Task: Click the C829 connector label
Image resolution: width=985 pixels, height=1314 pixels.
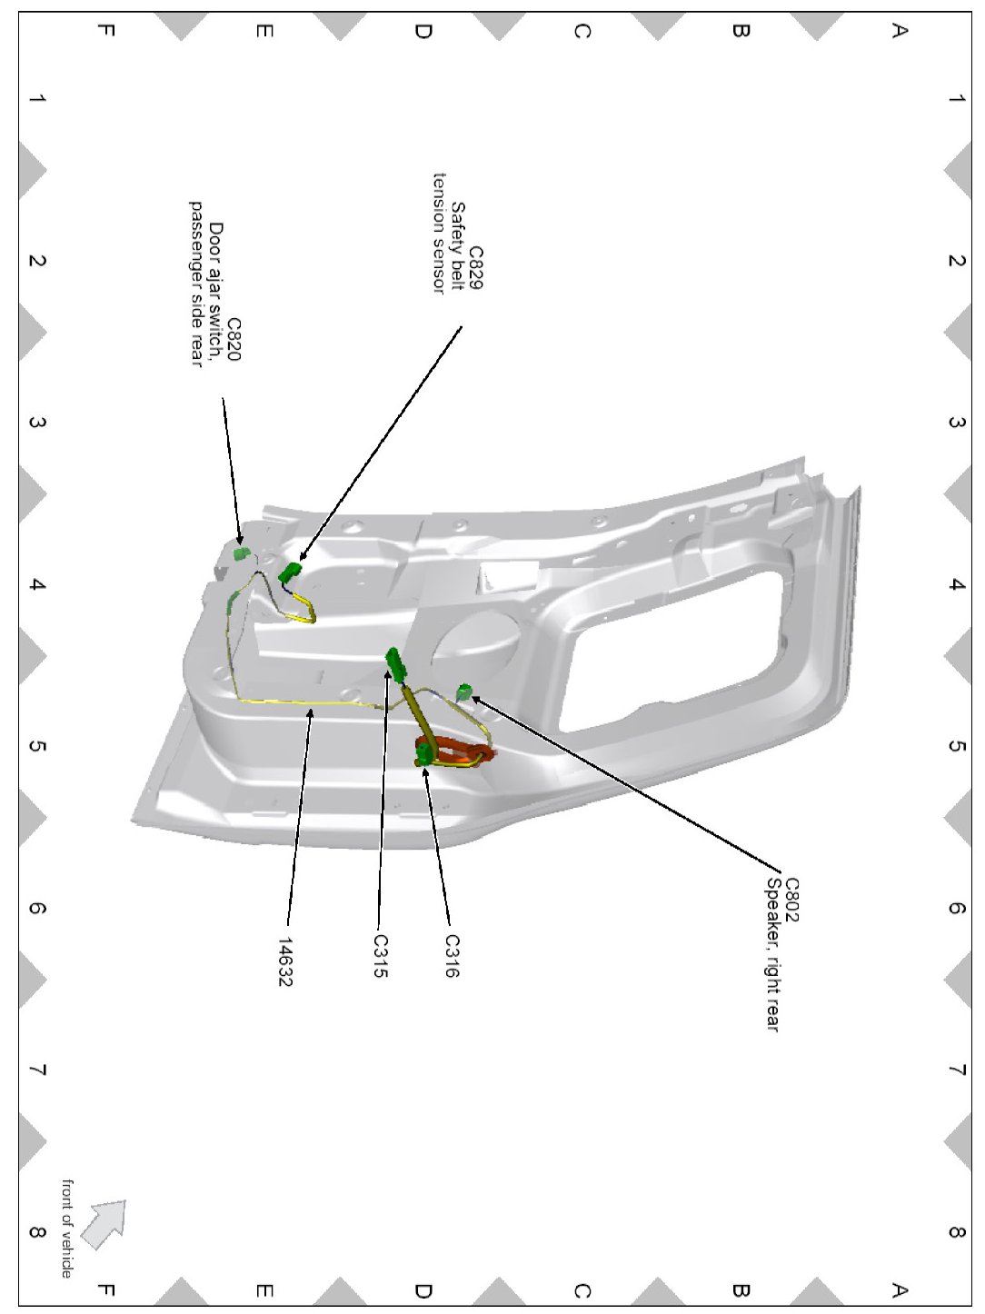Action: [x=474, y=267]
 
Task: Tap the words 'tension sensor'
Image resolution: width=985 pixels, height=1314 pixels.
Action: [x=440, y=233]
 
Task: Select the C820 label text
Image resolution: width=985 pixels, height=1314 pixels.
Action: [x=234, y=340]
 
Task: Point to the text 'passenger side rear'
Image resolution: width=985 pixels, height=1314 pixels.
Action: [x=196, y=284]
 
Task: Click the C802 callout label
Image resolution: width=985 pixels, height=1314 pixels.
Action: [x=791, y=900]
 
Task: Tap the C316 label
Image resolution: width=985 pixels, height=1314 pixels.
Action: [x=453, y=956]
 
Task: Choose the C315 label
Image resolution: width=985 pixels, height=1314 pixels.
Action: [x=381, y=956]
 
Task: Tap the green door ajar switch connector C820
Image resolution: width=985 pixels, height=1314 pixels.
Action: [x=241, y=553]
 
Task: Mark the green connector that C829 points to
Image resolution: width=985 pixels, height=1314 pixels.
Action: [x=290, y=572]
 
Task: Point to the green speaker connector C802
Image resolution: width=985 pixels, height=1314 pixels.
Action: [x=464, y=692]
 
